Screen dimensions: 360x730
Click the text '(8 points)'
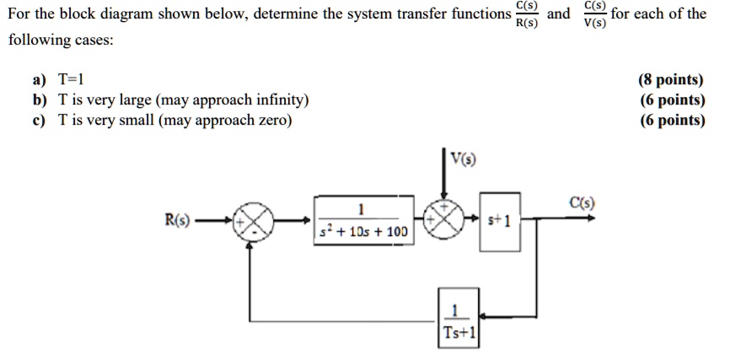(672, 80)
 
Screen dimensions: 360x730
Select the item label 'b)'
(40, 100)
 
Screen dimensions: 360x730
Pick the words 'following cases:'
(62, 40)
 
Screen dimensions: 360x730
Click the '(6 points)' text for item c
(672, 121)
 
